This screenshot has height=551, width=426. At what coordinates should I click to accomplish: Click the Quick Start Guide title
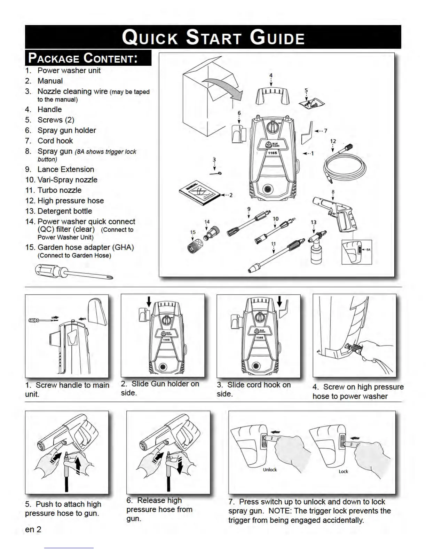pos(213,37)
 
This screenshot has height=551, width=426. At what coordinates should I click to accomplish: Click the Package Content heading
pos(83,58)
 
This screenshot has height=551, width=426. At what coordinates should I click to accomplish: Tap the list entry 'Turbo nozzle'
pos(60,190)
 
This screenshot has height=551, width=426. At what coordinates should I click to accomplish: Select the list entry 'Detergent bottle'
pos(65,211)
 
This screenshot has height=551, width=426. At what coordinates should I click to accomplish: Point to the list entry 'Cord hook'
pos(55,141)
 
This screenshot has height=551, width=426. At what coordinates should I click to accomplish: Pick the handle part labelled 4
pos(273,95)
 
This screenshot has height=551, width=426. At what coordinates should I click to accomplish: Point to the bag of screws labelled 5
pos(312,102)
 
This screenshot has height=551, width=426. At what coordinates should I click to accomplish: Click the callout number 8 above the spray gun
pos(333,192)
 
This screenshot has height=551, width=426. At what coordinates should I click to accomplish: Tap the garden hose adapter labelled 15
pos(194,246)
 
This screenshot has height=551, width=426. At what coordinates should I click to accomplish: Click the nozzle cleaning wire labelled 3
pos(216,173)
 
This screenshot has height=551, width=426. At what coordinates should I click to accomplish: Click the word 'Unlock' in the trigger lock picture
pos(270,470)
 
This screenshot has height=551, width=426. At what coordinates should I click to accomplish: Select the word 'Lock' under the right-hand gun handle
pos(343,471)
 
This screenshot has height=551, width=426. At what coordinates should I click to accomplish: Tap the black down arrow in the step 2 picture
pos(149,301)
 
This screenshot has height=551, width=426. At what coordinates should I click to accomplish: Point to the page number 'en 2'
pos(33,529)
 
